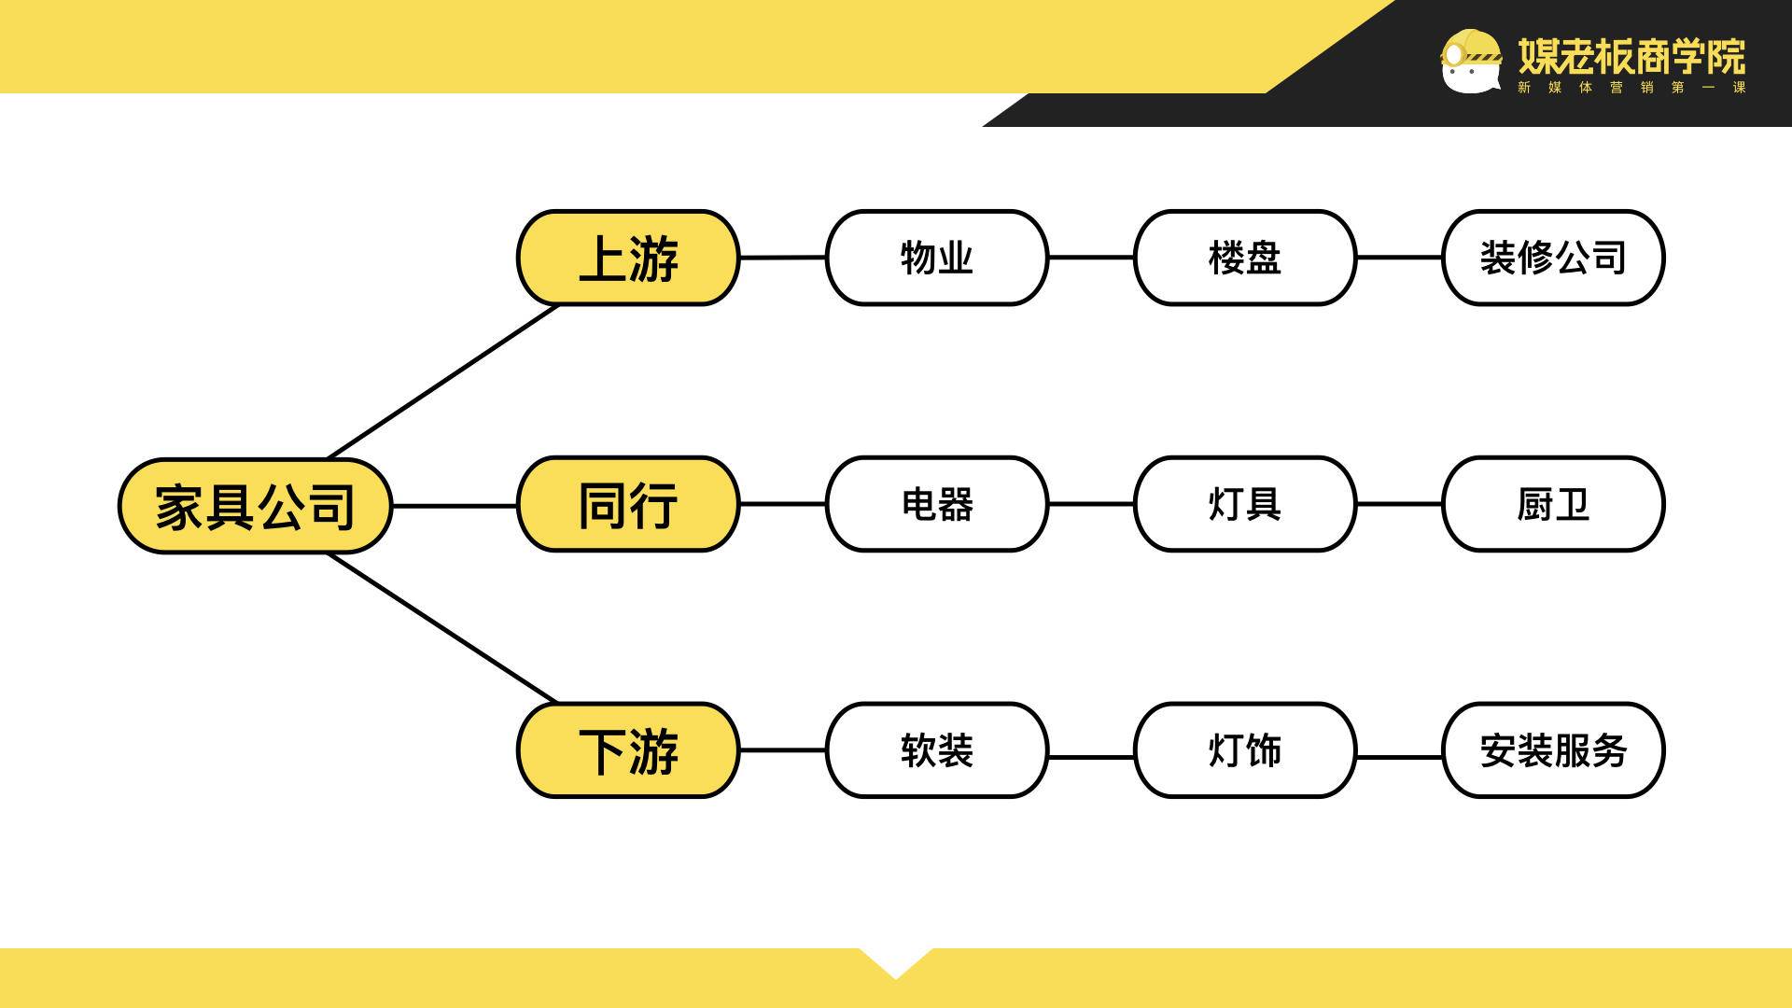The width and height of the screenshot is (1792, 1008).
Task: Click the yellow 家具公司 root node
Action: click(x=254, y=506)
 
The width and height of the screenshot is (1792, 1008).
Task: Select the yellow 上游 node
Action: click(x=628, y=258)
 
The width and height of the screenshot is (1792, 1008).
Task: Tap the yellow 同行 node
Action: click(x=628, y=504)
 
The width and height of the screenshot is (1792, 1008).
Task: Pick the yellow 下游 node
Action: click(x=628, y=750)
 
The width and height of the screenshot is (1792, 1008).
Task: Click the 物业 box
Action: click(x=936, y=258)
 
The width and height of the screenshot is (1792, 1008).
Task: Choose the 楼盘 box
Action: click(x=1244, y=258)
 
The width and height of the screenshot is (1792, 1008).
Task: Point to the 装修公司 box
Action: click(x=1553, y=258)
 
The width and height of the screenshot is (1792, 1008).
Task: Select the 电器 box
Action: click(x=936, y=504)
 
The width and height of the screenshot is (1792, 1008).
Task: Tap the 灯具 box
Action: click(x=1244, y=504)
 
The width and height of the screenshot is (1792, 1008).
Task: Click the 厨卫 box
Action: click(x=1553, y=504)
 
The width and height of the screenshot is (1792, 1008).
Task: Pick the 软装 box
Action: click(x=936, y=750)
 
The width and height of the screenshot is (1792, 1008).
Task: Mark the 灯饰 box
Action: click(x=1244, y=750)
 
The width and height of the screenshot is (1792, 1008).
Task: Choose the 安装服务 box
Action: click(x=1553, y=750)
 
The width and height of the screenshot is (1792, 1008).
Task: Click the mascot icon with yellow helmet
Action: click(x=1470, y=61)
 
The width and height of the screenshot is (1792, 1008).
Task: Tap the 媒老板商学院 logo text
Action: click(x=1631, y=56)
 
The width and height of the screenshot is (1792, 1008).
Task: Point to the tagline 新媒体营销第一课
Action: click(x=1631, y=88)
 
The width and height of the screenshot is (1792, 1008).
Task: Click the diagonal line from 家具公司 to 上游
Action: click(x=443, y=381)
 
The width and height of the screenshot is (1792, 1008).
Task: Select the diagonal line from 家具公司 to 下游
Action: click(x=443, y=627)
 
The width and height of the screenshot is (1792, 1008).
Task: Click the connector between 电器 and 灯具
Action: click(x=1091, y=504)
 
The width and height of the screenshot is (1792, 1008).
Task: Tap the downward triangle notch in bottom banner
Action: click(x=895, y=961)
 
